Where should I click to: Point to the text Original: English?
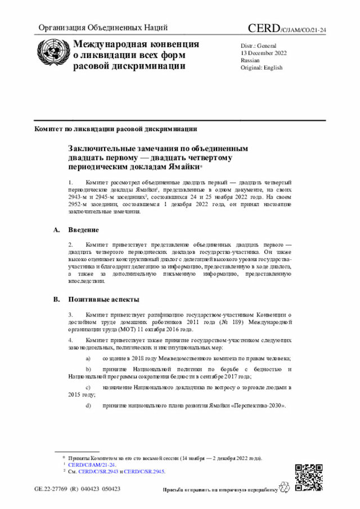pos(262,67)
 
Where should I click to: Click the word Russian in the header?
pos(250,60)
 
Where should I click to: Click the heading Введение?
pos(84,230)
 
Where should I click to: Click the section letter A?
pos(56,230)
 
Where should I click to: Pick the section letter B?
pos(56,300)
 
